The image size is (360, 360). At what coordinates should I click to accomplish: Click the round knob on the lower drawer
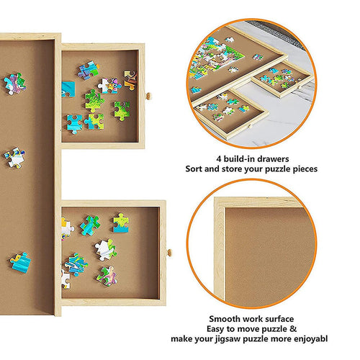pyautogui.click(x=170, y=252)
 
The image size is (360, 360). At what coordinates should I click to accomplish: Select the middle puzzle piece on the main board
pyautogui.click(x=14, y=158)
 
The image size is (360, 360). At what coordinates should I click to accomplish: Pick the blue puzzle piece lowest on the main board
pyautogui.click(x=20, y=261)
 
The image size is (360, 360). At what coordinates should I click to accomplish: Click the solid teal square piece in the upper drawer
pyautogui.click(x=68, y=89)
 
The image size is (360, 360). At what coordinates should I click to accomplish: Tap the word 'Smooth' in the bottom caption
pyautogui.click(x=227, y=318)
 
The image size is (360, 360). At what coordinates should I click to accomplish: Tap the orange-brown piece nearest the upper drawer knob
pyautogui.click(x=130, y=78)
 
